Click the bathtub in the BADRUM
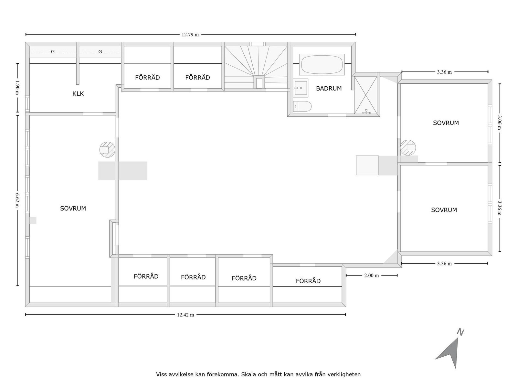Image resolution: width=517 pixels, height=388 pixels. click(x=322, y=65)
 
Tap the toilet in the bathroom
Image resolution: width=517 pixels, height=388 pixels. click(x=302, y=106)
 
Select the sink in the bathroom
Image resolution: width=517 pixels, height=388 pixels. click(x=301, y=88)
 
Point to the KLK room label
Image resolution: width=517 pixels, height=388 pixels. click(x=78, y=94)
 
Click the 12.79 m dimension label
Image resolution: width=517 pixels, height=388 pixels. click(x=190, y=34)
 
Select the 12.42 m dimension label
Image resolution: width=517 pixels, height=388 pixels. click(x=185, y=315)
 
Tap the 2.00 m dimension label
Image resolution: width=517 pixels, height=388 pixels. click(x=371, y=275)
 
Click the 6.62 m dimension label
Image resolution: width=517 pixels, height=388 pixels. click(x=18, y=200)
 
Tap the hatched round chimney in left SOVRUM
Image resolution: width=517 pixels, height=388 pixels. click(x=107, y=150)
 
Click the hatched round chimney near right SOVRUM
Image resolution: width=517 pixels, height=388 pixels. click(x=408, y=148)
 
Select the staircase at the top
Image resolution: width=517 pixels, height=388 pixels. click(x=256, y=66)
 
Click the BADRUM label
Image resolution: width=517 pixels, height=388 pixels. click(x=329, y=89)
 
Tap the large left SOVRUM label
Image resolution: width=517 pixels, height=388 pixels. click(x=73, y=209)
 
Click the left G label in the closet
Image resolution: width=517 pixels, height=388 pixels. click(x=53, y=52)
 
